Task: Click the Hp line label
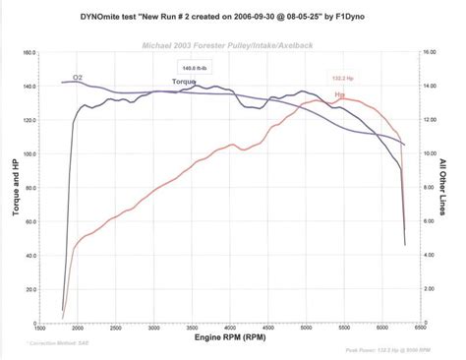[340, 94]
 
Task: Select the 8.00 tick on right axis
[430, 187]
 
